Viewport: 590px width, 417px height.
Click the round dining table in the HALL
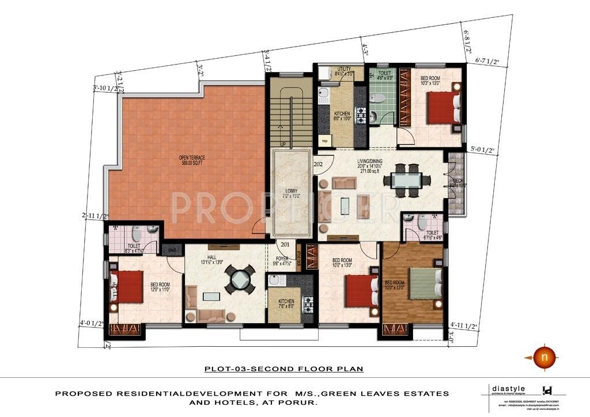(x=239, y=280)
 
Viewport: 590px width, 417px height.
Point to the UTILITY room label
(x=345, y=69)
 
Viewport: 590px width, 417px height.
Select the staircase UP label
(x=282, y=144)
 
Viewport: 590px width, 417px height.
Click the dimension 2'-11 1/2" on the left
(x=95, y=216)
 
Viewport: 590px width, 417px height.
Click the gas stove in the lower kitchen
(x=307, y=302)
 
